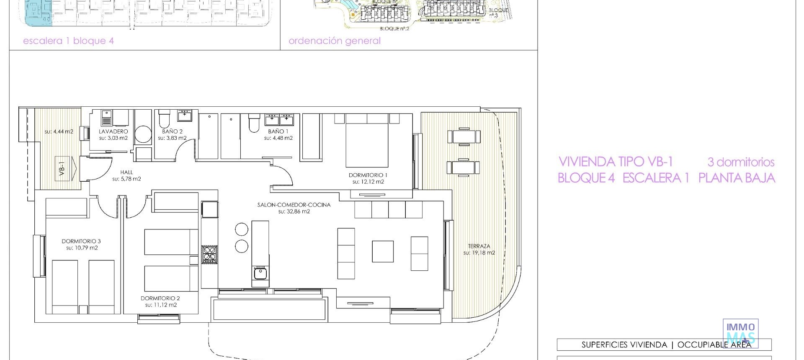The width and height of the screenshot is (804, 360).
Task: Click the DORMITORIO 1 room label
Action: [x=368, y=175]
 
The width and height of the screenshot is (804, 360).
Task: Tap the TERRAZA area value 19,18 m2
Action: [x=479, y=253]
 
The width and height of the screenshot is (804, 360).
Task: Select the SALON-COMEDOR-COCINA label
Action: [x=294, y=205]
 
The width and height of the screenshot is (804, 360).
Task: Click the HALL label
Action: [x=126, y=172]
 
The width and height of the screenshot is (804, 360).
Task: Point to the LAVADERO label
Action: [x=113, y=131]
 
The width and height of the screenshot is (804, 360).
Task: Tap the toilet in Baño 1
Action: [x=254, y=123]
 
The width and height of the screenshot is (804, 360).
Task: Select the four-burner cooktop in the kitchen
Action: [x=209, y=254]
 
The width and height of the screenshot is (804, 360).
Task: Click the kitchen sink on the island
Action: [x=260, y=273]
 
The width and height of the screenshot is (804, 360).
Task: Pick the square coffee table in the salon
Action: [x=383, y=251]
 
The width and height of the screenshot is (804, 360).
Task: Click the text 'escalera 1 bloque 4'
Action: [x=68, y=41]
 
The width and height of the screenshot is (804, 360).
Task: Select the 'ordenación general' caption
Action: [x=335, y=41]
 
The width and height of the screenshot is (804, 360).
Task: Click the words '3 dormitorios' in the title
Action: [x=741, y=162]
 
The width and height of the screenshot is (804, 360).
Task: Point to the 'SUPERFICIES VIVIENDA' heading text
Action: [x=624, y=345]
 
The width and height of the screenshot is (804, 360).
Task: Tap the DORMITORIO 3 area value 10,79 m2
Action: [x=82, y=248]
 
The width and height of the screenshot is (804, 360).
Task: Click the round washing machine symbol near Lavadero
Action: [x=143, y=134]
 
